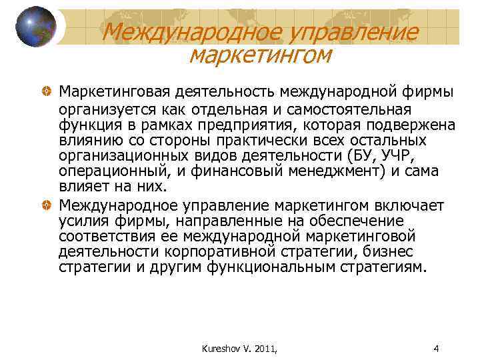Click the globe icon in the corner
pos(35,26)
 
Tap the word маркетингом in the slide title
pos(260,55)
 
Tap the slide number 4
pos(435,348)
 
